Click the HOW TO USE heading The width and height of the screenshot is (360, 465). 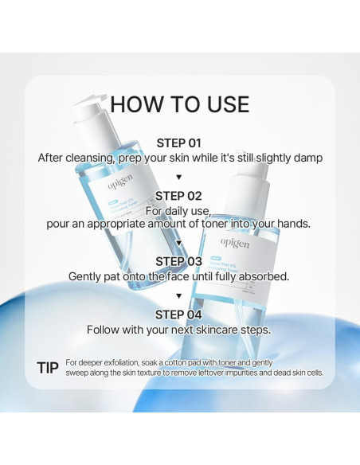(x=179, y=104)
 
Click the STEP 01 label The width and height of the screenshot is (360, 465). (x=179, y=143)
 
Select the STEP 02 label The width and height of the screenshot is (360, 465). (x=179, y=195)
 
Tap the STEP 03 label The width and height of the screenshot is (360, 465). (x=179, y=261)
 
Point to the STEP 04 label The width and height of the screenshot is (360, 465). (x=179, y=314)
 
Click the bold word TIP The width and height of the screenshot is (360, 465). (x=47, y=367)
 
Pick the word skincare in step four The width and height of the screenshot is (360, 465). (x=215, y=329)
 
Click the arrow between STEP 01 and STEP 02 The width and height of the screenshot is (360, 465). (x=179, y=177)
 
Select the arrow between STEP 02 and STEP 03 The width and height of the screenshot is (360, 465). (x=179, y=242)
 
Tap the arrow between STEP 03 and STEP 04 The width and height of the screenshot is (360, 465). (x=179, y=295)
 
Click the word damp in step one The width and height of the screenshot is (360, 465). (x=307, y=158)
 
